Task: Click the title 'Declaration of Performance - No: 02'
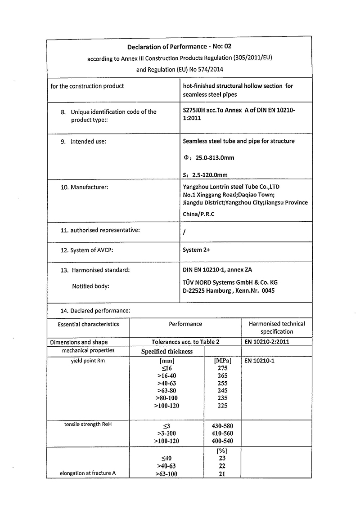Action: (x=180, y=46)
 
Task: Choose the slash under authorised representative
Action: (x=184, y=233)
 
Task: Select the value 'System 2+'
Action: (x=196, y=250)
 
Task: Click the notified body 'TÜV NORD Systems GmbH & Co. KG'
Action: (x=230, y=282)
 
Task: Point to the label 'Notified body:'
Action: (x=90, y=286)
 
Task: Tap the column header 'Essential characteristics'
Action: (x=88, y=324)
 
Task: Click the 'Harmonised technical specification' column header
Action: (x=277, y=327)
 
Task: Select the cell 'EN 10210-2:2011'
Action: (x=266, y=342)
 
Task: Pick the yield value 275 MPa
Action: (x=222, y=368)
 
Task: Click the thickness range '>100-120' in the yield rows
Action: (x=166, y=406)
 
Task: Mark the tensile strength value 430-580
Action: (x=222, y=425)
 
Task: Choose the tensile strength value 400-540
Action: (x=222, y=441)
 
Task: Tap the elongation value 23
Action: (x=222, y=458)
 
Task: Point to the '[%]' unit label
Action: (x=222, y=451)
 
